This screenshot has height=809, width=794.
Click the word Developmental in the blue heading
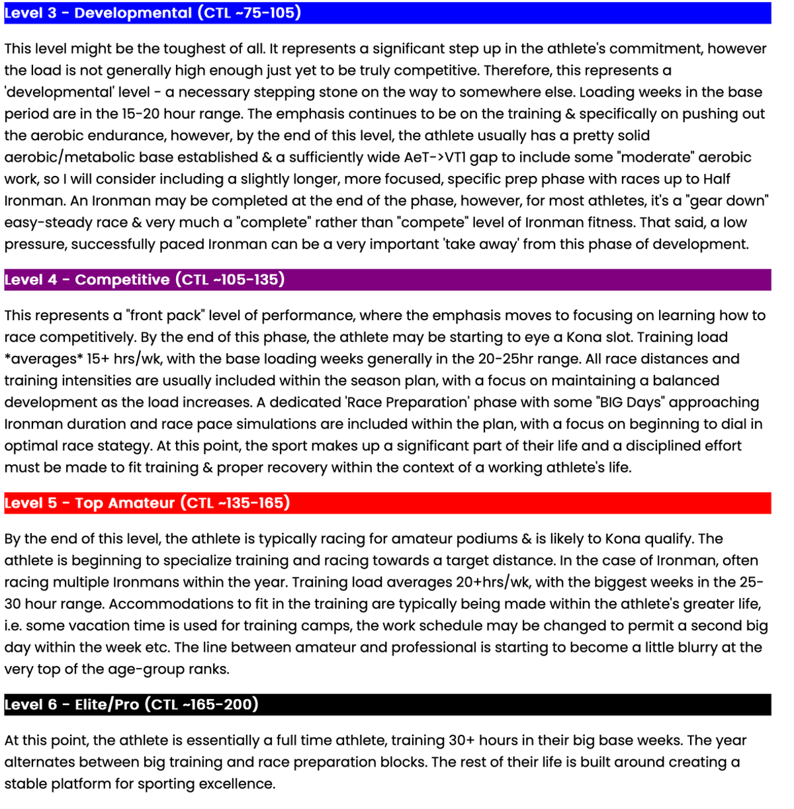[x=133, y=13]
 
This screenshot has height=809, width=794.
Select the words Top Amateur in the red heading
[x=125, y=503]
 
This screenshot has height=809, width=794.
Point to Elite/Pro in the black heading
[x=107, y=704]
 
